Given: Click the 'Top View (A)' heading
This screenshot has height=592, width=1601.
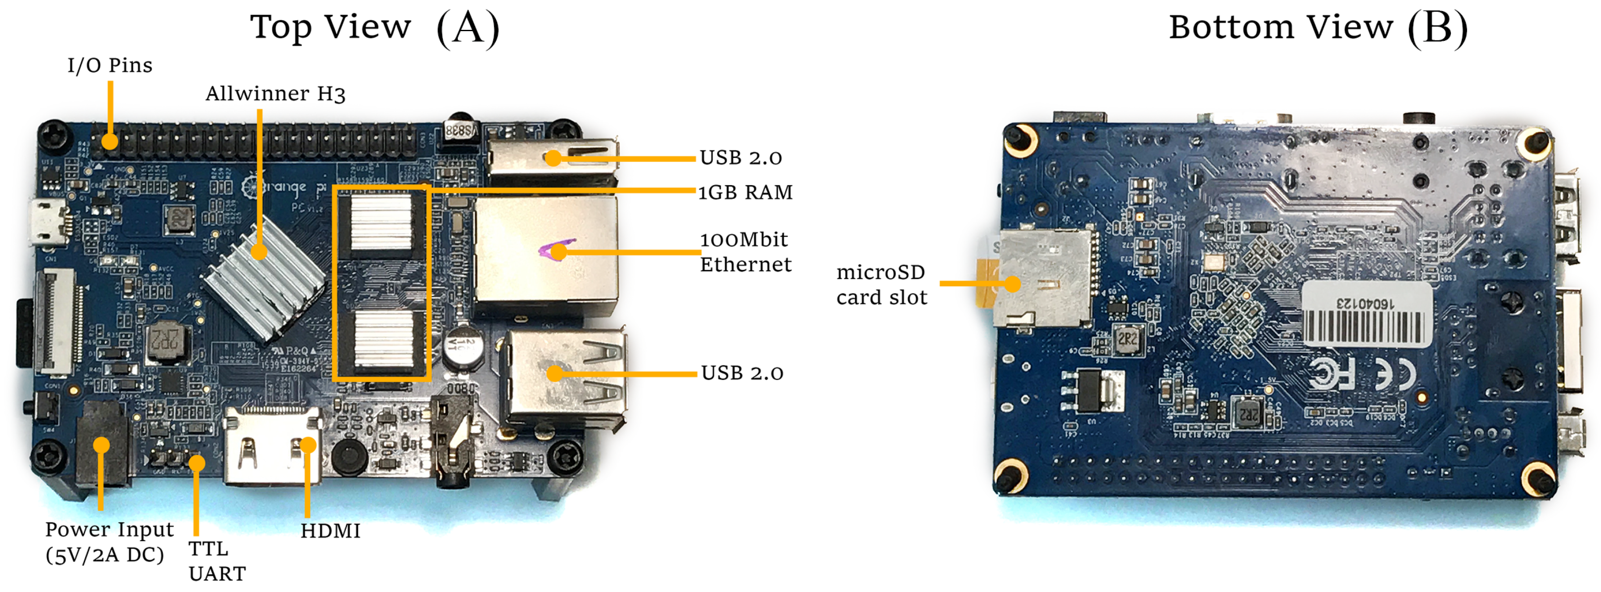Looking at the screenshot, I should click(375, 28).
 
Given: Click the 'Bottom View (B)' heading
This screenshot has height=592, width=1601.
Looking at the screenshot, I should click(1317, 28).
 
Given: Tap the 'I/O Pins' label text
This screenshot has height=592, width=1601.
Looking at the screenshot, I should click(110, 65).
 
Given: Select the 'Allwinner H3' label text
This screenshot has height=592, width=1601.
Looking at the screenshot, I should click(275, 94).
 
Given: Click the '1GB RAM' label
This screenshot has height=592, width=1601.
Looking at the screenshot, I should click(745, 193).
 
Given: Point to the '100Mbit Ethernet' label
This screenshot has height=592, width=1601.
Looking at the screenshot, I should click(745, 251).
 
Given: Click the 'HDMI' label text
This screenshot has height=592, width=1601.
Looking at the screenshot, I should click(330, 531).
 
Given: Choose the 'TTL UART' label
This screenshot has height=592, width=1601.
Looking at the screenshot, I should click(216, 561).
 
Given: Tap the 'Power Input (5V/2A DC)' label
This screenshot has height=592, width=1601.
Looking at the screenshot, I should click(109, 542).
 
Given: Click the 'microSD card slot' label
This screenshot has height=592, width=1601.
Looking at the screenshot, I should click(881, 284).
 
